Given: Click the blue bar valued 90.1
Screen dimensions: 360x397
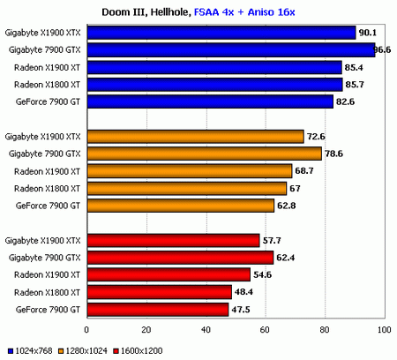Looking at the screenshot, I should point(221,33).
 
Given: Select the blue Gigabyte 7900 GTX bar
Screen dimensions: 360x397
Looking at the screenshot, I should point(230,49).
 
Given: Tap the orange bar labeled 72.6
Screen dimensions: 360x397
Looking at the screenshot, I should point(194,136).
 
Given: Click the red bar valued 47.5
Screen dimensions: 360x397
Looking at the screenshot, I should point(157,309).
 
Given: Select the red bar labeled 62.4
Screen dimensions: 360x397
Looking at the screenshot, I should point(179,257).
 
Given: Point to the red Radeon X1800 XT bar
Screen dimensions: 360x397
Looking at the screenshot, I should point(158,291).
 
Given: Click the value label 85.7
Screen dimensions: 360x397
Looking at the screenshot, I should point(356,85).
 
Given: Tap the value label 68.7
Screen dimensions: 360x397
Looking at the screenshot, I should point(305,170).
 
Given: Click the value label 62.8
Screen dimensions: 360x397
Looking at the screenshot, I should point(288,206).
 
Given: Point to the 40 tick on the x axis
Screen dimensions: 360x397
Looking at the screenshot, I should point(205,331).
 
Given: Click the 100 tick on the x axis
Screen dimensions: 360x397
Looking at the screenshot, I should point(383,331).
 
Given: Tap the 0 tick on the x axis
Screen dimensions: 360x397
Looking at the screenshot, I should point(86,331).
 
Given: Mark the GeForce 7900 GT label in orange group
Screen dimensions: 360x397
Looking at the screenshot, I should point(49,206).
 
